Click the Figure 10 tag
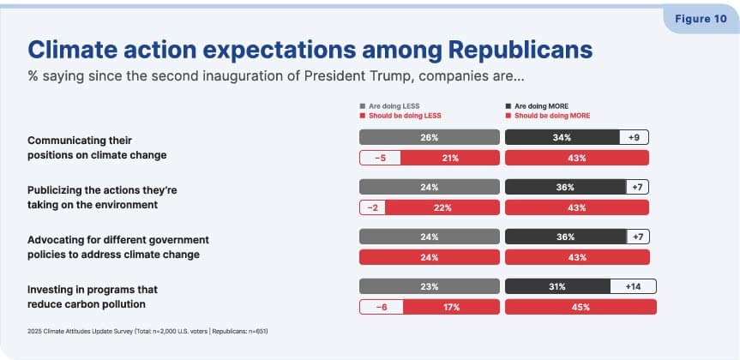(x=701, y=20)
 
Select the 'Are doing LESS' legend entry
(x=389, y=106)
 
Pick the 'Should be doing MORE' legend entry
(x=547, y=116)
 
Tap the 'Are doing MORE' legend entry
(x=537, y=106)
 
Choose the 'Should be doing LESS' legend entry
(x=400, y=116)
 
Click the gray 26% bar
(x=429, y=137)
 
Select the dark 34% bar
(x=563, y=137)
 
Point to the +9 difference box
(x=635, y=137)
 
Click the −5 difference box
(x=381, y=158)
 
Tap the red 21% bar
(x=450, y=158)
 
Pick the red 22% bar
(x=442, y=207)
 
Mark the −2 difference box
(x=372, y=207)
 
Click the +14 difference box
(x=633, y=286)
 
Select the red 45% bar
(x=581, y=307)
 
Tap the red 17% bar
(x=451, y=307)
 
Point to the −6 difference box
(x=382, y=307)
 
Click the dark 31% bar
(x=557, y=286)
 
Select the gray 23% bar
(x=429, y=286)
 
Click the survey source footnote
(x=147, y=331)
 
